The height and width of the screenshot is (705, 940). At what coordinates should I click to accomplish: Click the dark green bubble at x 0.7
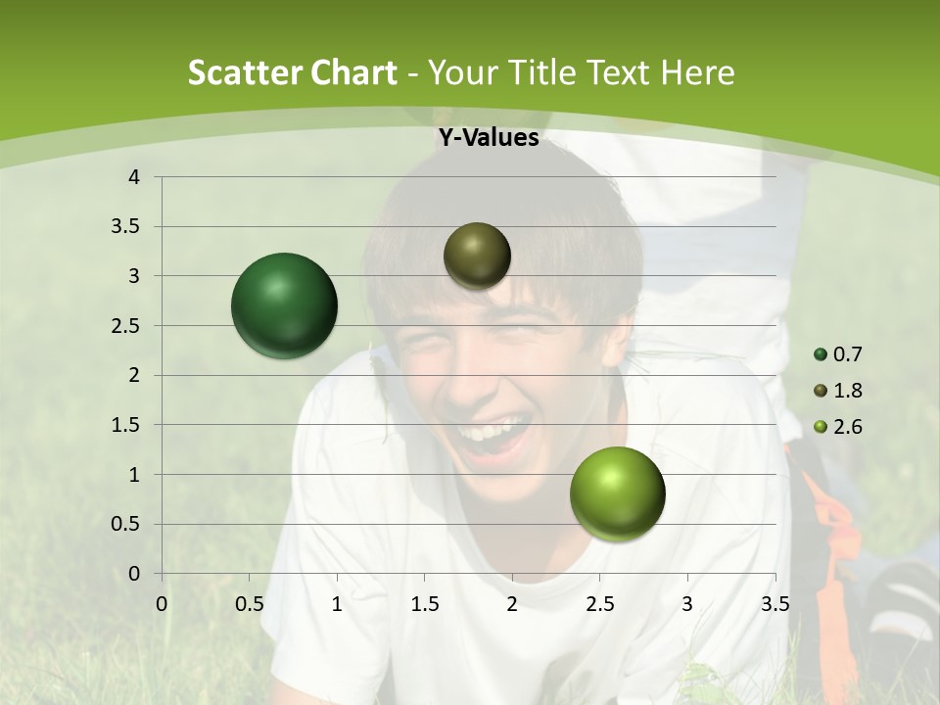[285, 305]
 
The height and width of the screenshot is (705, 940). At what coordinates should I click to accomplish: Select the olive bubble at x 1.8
[477, 256]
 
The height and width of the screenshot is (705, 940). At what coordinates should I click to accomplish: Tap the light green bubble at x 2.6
[617, 493]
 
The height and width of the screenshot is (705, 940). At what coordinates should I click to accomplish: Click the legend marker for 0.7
[821, 354]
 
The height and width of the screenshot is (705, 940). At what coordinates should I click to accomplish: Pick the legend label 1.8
[847, 391]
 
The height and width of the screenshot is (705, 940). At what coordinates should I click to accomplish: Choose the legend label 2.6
[847, 427]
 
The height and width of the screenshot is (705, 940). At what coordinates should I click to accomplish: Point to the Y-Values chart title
[489, 138]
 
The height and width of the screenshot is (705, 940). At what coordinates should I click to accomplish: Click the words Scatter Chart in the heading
[293, 72]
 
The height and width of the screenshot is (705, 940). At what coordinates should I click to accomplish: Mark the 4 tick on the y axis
[135, 177]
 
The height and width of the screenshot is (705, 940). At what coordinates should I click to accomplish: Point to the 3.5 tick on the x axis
[775, 604]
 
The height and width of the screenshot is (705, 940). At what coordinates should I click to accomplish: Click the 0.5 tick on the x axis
[250, 604]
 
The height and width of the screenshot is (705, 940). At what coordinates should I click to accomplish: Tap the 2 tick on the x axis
[512, 604]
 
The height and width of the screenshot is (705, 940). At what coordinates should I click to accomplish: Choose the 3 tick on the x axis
[687, 604]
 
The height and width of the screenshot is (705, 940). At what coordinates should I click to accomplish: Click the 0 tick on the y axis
[135, 574]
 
